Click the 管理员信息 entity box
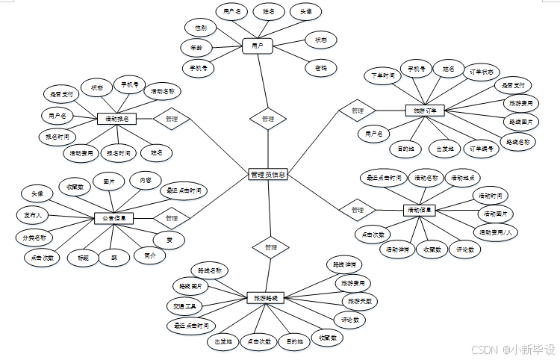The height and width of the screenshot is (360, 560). (x=267, y=175)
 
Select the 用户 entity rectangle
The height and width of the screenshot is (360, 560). (x=258, y=46)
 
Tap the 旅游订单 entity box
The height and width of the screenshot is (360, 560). (x=424, y=111)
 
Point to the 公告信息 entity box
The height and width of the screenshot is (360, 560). (x=114, y=218)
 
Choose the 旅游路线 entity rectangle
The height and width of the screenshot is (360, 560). (x=267, y=297)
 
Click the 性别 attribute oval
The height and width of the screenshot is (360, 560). (x=202, y=28)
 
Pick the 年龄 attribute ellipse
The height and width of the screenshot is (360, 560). (x=196, y=47)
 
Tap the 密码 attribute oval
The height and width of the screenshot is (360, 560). (x=321, y=68)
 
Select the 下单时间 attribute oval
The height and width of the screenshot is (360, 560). (x=384, y=76)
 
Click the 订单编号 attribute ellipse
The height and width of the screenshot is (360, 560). (x=482, y=148)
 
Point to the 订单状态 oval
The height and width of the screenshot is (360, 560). (x=481, y=72)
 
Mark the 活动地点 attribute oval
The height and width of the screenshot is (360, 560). (x=464, y=179)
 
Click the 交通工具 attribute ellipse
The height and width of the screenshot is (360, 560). (x=184, y=306)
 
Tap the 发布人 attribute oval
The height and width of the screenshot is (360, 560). (x=33, y=215)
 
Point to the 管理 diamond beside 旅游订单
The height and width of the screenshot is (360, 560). (x=357, y=111)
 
